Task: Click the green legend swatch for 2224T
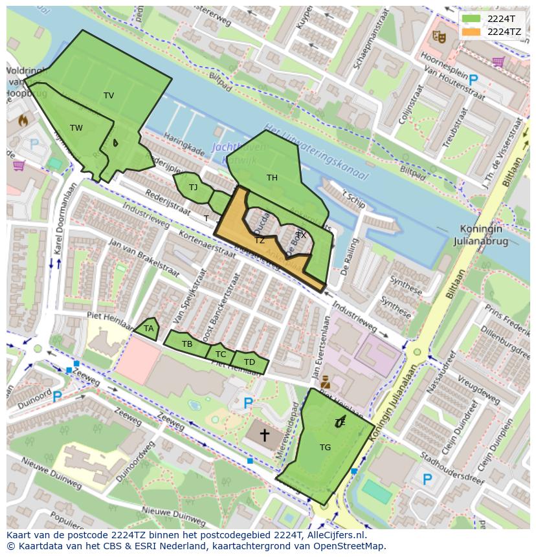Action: pos(471,19)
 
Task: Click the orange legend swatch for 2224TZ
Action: pos(471,31)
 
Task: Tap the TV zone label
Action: pos(109,96)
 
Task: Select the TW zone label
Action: pos(76,128)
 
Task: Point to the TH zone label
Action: pos(272,177)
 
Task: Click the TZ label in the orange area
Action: pos(260,241)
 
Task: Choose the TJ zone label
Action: pos(193,188)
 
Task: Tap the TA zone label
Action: pos(149,329)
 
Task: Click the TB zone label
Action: pos(187,344)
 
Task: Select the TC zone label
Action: pos(221,355)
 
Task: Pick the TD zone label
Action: pos(249,362)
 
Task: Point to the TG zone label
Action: pos(325,447)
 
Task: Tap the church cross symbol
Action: pos(264,435)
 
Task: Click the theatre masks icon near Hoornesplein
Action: pos(440,38)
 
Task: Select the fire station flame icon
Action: pos(23,120)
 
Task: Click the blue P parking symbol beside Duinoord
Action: pos(57,397)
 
